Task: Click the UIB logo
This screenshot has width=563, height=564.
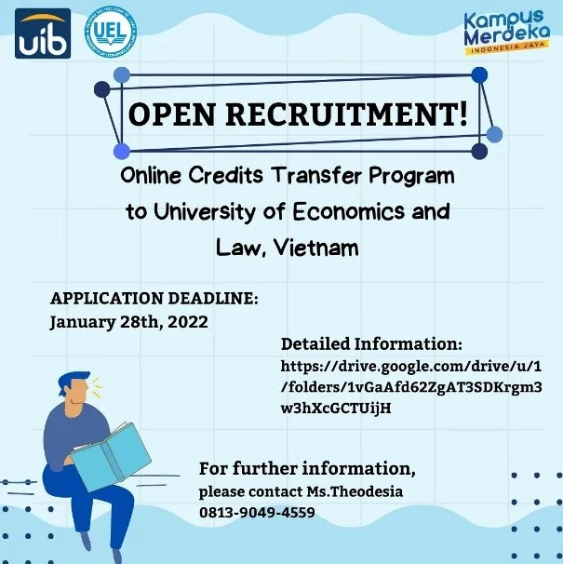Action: (43, 34)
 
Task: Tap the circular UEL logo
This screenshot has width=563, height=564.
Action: (111, 34)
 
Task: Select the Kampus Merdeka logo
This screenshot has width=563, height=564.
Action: (507, 32)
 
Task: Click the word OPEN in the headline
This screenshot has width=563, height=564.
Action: (171, 114)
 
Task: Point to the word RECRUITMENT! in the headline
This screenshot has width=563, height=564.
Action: (346, 114)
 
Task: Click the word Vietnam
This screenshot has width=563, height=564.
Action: (316, 248)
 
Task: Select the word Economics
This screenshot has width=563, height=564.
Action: (348, 211)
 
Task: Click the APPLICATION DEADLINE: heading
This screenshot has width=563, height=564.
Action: (154, 298)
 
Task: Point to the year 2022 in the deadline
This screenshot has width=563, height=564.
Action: (188, 321)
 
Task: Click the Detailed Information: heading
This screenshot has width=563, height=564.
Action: (371, 343)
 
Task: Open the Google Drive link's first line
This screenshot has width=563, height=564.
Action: (410, 367)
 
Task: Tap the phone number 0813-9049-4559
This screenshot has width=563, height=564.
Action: (257, 512)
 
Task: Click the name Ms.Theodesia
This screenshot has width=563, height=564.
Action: (355, 491)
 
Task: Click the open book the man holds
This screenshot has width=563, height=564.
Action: (111, 455)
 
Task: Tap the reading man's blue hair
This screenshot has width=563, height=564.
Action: (73, 380)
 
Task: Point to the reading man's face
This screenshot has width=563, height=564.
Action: (78, 393)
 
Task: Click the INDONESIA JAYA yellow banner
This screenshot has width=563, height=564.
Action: (507, 48)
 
